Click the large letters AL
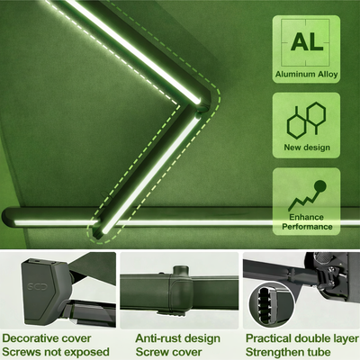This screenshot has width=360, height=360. click(307, 41)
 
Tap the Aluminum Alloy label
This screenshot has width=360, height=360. click(306, 74)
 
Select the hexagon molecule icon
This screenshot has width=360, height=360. click(306, 121)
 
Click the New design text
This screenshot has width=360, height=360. click(307, 148)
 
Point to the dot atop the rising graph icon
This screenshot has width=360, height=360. click(320, 186)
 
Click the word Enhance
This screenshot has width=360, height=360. click(306, 217)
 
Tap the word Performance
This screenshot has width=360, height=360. click(307, 227)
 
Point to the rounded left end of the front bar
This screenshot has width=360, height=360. click(8, 218)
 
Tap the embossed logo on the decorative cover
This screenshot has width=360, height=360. click(37, 286)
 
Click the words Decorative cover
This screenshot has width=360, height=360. click(47, 338)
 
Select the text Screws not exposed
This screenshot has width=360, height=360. click(56, 352)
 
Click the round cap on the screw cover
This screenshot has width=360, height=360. click(180, 269)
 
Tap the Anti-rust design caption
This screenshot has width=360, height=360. click(177, 338)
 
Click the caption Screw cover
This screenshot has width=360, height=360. click(168, 352)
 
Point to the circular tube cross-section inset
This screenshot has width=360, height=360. click(272, 303)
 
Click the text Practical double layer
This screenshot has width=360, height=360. click(301, 338)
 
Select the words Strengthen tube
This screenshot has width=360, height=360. click(288, 352)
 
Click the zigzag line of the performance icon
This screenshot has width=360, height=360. click(302, 201)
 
